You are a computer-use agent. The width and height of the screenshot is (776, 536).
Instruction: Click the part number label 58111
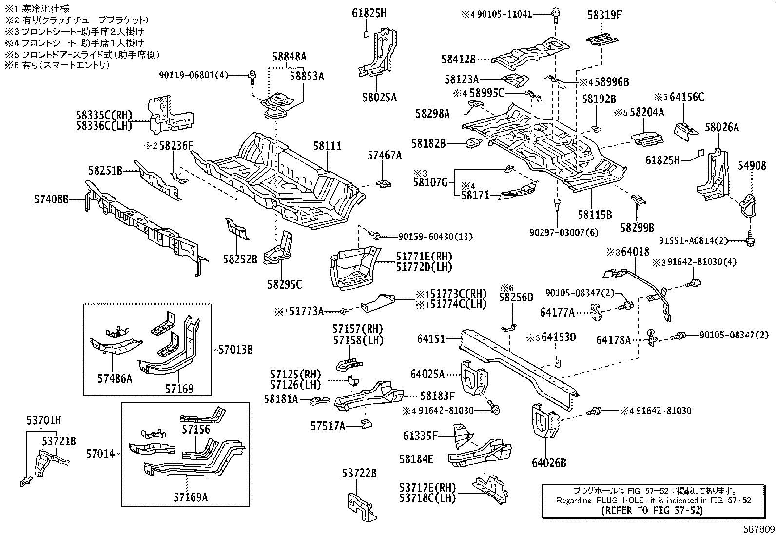click(328, 146)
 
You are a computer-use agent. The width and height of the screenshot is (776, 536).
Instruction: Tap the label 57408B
click(51, 199)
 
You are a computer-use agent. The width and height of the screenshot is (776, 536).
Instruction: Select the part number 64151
click(431, 339)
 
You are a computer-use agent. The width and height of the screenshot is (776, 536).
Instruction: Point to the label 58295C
click(285, 285)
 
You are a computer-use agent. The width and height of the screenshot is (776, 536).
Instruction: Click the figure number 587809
click(758, 529)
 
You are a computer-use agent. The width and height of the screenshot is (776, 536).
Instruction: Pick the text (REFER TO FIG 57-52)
click(652, 510)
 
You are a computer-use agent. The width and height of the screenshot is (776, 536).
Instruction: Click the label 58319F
click(604, 15)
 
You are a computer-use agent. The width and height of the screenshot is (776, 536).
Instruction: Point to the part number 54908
click(752, 166)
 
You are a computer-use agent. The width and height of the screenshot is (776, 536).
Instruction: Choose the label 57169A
click(191, 497)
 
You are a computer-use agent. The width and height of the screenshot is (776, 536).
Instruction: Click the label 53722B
click(359, 473)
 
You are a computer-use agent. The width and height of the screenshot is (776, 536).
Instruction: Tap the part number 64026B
click(549, 463)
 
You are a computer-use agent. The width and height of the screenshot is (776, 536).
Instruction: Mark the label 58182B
click(428, 143)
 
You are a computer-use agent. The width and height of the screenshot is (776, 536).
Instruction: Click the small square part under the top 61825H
click(367, 34)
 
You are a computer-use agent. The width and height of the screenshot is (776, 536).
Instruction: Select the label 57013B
click(235, 350)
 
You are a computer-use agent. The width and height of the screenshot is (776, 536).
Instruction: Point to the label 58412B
click(458, 60)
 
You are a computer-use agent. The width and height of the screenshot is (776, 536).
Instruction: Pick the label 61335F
click(420, 436)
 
